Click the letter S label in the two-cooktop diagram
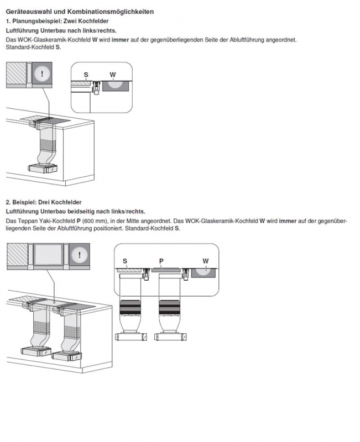pos(86,74)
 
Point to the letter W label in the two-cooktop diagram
pos(113,74)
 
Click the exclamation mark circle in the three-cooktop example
pos(81,255)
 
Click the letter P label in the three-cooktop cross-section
pos(161,260)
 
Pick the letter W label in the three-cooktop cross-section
pos(206,260)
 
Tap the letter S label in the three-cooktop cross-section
pos(125,260)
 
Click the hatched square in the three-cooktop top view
pos(15,255)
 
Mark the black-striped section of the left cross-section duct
pos(131,307)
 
